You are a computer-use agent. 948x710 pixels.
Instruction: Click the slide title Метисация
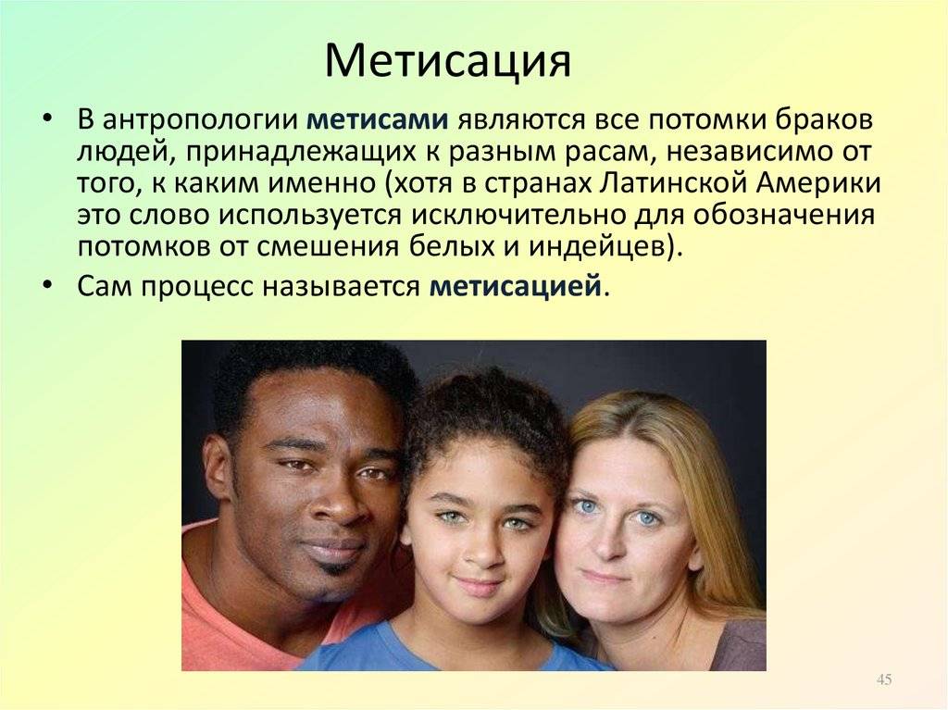click(447, 61)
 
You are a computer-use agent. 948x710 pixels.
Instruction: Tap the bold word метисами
click(378, 119)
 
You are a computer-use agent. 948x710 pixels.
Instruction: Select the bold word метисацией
click(516, 286)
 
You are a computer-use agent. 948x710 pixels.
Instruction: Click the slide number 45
click(884, 679)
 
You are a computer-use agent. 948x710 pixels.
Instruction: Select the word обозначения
click(784, 216)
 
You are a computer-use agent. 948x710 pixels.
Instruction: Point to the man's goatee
click(335, 569)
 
